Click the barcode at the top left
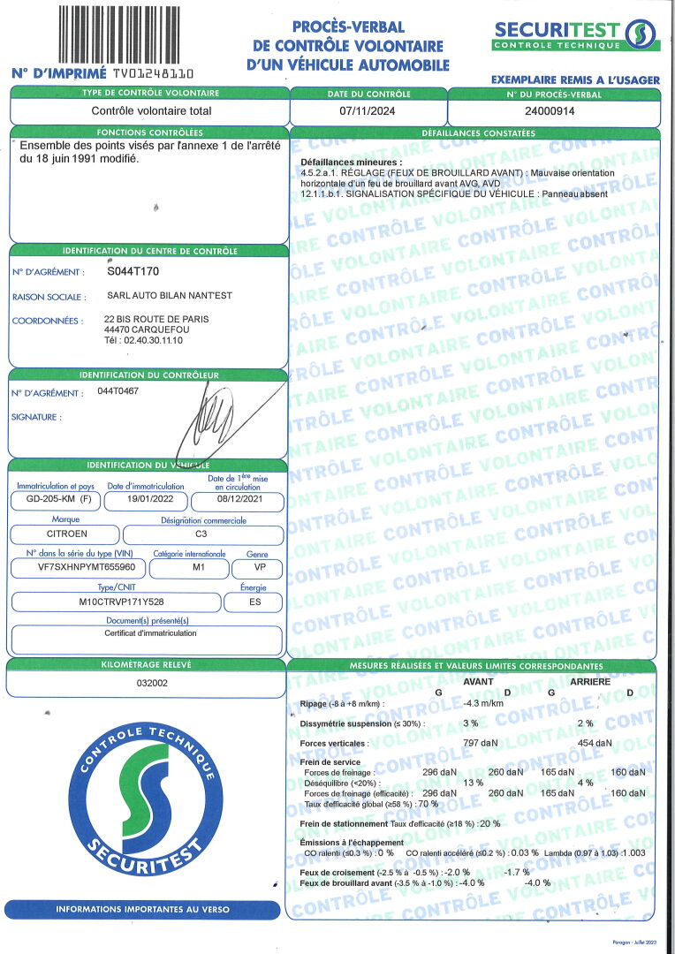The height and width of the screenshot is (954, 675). (124, 34)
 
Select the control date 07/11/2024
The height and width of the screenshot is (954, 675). (369, 111)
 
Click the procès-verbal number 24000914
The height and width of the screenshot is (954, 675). (550, 111)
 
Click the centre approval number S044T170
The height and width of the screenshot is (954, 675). (133, 272)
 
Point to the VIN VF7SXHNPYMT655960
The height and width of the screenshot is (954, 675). (77, 569)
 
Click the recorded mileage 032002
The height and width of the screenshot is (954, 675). (147, 683)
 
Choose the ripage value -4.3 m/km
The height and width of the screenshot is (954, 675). (483, 703)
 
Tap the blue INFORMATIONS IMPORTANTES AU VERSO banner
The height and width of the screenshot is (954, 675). (142, 909)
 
